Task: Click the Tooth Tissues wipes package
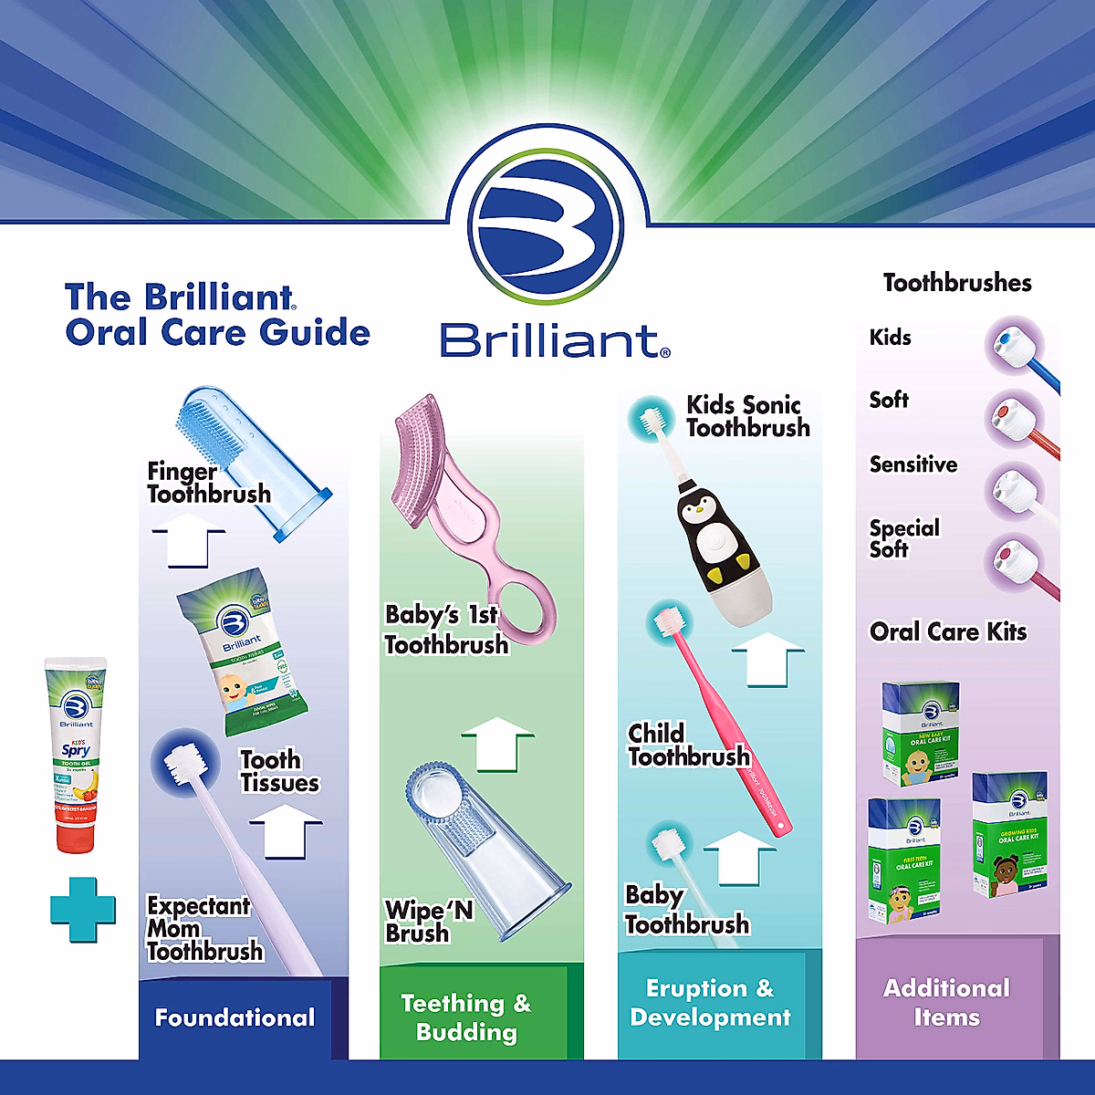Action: coord(242,652)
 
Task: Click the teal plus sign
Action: coord(83,909)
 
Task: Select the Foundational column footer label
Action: coord(235,1017)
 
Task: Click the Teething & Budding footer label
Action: coord(465,1017)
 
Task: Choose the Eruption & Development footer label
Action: coord(710,1003)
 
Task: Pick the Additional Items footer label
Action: coord(946,1003)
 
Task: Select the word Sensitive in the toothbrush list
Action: coord(912,464)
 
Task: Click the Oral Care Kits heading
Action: coord(948,631)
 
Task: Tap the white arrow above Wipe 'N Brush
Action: coord(498,744)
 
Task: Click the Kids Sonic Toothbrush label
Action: coord(746,416)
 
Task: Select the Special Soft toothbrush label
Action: coord(902,538)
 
